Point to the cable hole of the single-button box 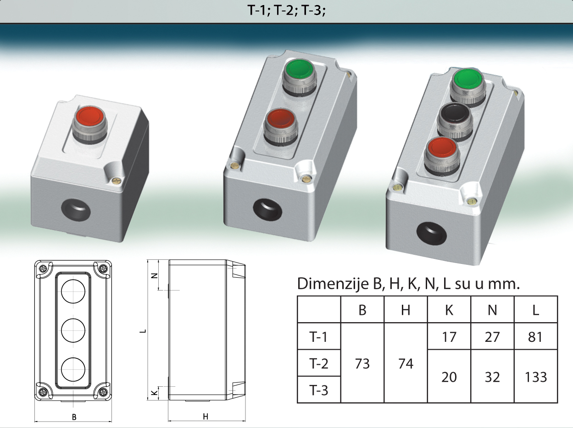coord(76,210)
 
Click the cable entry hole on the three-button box coord(432,233)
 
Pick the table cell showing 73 coord(362,363)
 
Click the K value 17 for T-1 coord(449,336)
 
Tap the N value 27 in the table coord(492,336)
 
